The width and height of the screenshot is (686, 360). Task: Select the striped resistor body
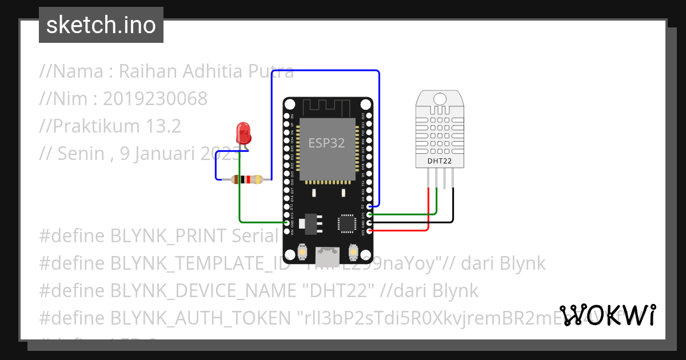click(246, 179)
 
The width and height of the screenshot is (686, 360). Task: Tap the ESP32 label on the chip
click(326, 143)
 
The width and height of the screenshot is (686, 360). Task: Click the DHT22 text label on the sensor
click(440, 161)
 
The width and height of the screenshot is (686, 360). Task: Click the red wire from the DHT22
click(428, 211)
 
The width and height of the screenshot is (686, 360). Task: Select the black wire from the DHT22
click(453, 206)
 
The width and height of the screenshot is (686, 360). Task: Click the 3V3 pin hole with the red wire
click(370, 230)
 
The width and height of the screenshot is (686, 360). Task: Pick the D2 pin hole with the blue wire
click(370, 206)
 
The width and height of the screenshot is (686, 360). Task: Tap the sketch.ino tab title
click(101, 25)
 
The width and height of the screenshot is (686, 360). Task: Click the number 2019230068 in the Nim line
click(155, 99)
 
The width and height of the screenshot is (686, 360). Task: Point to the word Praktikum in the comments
click(94, 126)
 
